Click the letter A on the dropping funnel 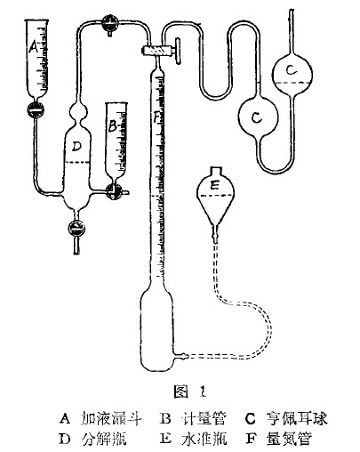(34, 47)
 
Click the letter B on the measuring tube (112, 126)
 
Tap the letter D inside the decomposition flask (76, 146)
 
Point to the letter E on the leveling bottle (214, 186)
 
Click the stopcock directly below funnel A (36, 110)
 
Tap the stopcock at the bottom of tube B (115, 192)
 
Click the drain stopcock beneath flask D (76, 228)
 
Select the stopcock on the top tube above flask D (109, 22)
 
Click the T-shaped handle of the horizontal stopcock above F (178, 51)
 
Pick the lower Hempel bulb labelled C (259, 117)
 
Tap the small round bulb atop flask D (78, 111)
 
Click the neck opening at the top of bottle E (215, 171)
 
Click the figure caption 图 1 (189, 391)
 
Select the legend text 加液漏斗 (111, 418)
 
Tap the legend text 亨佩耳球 (297, 418)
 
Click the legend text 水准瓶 (204, 439)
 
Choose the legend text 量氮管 (289, 439)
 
